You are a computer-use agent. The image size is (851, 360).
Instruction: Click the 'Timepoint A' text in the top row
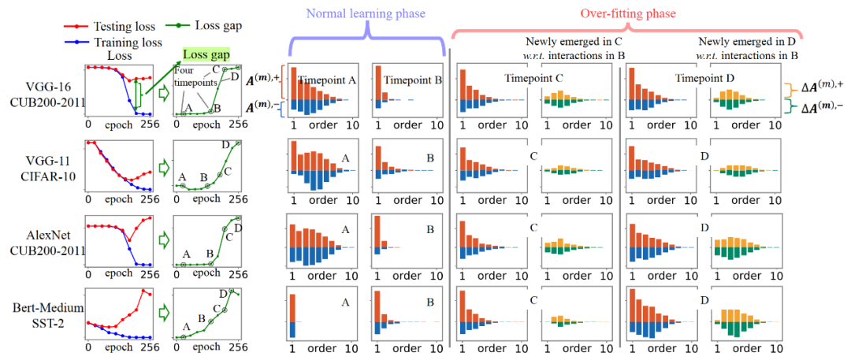tap(327, 79)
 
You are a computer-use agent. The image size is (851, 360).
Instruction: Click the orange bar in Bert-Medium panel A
tap(292, 307)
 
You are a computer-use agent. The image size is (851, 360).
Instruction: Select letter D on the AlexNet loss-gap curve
tap(238, 228)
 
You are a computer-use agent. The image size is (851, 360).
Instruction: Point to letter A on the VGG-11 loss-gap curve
tap(183, 177)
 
